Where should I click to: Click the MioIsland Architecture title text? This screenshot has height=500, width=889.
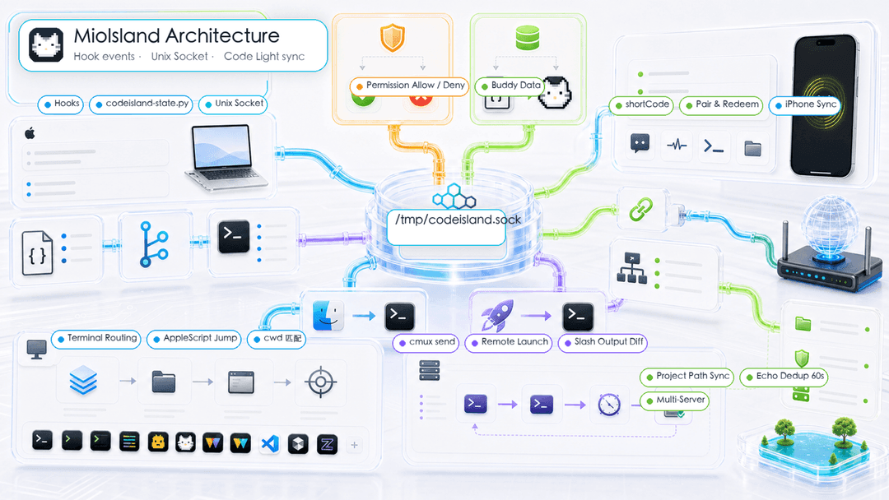point(176,35)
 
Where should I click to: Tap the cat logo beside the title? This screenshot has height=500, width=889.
point(46,44)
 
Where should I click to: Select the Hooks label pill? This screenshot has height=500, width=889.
point(61,104)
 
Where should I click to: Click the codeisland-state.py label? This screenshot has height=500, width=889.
point(142,104)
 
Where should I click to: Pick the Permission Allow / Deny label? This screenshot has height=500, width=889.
point(409,86)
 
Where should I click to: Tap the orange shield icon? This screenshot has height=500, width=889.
point(393,38)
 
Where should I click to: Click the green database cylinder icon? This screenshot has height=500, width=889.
point(528,38)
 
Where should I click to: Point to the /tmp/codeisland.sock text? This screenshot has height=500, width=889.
point(458,220)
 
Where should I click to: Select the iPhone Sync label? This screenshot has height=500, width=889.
point(806,104)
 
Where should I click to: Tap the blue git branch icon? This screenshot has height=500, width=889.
point(154,244)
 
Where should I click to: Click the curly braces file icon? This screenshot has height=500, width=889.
point(37,253)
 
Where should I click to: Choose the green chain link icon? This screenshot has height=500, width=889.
point(640,210)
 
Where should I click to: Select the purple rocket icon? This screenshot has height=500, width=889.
point(497,316)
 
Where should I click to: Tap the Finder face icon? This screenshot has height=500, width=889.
point(328,316)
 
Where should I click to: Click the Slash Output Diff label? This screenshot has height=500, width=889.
point(603,342)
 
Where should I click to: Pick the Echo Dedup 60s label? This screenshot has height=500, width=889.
point(784,376)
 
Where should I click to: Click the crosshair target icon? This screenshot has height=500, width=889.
point(320,382)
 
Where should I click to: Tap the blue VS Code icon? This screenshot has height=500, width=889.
point(270,443)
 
